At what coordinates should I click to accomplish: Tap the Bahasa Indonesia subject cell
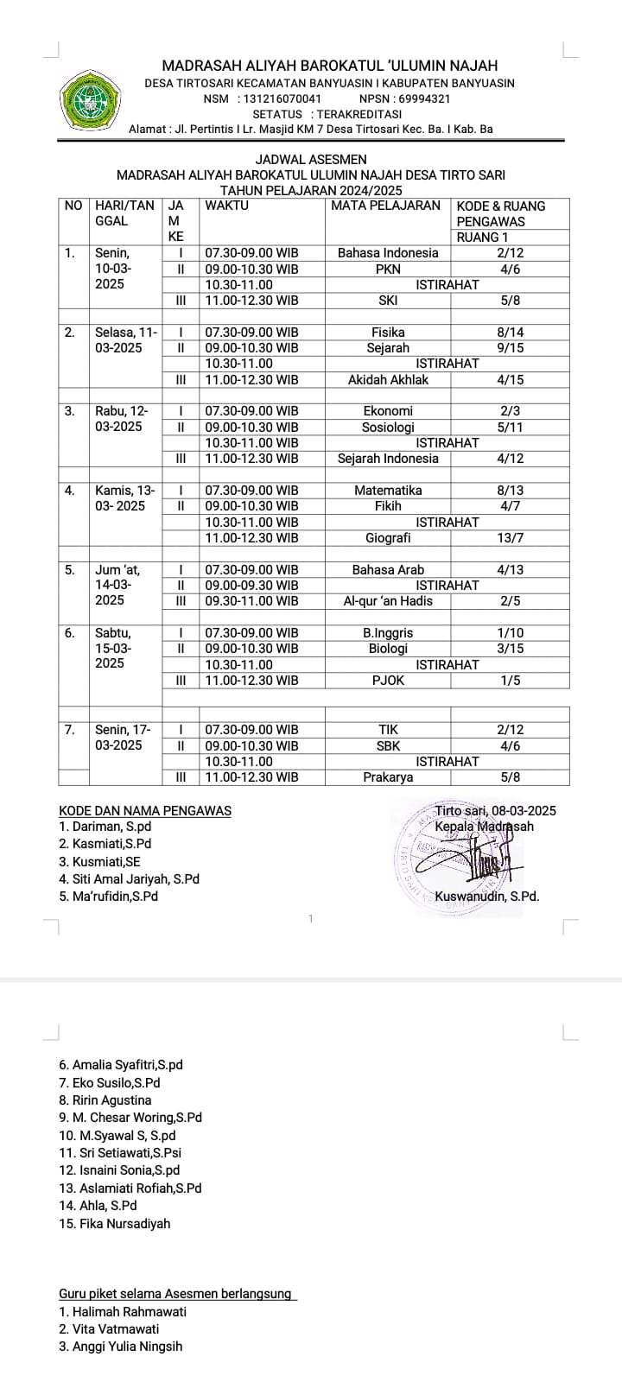pyautogui.click(x=388, y=253)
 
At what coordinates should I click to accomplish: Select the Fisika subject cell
pyautogui.click(x=388, y=333)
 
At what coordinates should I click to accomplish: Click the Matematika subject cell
pyautogui.click(x=388, y=491)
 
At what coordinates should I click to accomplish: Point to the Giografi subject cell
pyautogui.click(x=388, y=538)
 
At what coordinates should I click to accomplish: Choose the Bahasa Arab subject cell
pyautogui.click(x=388, y=570)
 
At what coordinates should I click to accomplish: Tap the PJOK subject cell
pyautogui.click(x=388, y=681)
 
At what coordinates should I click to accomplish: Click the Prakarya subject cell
pyautogui.click(x=388, y=777)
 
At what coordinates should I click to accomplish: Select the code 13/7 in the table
pyautogui.click(x=511, y=538)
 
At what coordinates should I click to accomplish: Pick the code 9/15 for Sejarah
pyautogui.click(x=511, y=348)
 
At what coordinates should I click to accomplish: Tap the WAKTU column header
pyautogui.click(x=226, y=206)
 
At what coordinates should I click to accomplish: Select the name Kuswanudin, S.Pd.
pyautogui.click(x=487, y=897)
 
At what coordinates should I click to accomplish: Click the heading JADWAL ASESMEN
pyautogui.click(x=311, y=160)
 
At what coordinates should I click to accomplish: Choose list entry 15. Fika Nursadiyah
pyautogui.click(x=115, y=1224)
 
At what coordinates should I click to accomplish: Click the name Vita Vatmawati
pyautogui.click(x=109, y=1329)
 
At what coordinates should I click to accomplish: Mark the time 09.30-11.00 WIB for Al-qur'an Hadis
pyautogui.click(x=251, y=601)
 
